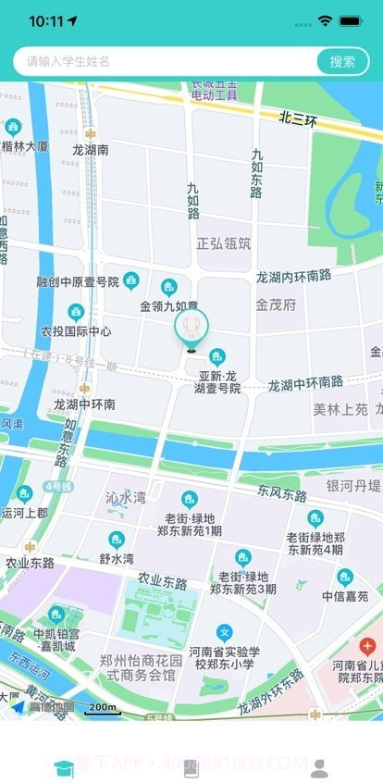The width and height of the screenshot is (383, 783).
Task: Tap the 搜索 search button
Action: tap(342, 61)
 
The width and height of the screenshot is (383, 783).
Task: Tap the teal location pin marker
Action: tap(191, 327)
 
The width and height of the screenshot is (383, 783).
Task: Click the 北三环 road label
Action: tap(299, 119)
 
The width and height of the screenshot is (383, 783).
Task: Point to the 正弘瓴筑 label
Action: tap(224, 243)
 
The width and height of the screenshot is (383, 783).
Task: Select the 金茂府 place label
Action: tap(276, 303)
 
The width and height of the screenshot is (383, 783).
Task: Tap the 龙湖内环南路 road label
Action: tap(293, 275)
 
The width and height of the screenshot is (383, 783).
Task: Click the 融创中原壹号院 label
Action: tap(78, 281)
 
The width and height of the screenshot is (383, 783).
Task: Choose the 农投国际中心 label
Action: tap(76, 330)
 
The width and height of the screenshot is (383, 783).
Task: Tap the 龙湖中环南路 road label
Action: tap(305, 382)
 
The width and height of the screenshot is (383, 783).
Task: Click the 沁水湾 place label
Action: tap(126, 497)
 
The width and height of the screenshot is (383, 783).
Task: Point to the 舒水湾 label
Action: tap(117, 558)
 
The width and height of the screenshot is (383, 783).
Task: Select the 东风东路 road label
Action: tap(282, 494)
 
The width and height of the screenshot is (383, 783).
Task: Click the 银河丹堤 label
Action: tap(353, 486)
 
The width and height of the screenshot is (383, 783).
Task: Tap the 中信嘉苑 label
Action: tap(345, 596)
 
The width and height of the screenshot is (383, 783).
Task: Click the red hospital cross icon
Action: tap(367, 645)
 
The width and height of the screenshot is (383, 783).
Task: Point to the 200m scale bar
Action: tap(102, 709)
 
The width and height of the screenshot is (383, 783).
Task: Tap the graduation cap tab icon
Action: tap(64, 767)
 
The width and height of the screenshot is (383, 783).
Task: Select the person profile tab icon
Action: tap(319, 767)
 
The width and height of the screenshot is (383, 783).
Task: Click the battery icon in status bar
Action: tap(352, 20)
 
